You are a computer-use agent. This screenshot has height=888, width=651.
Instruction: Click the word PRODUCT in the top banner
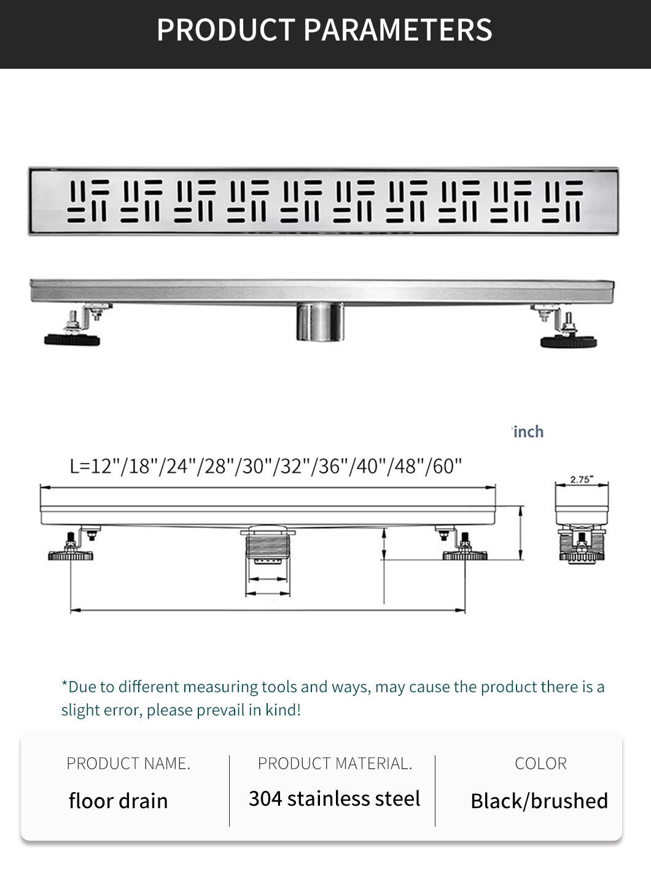pyautogui.click(x=225, y=30)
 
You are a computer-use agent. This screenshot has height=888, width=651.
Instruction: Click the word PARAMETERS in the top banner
pyautogui.click(x=397, y=30)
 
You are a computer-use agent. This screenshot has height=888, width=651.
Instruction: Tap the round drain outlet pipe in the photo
pyautogui.click(x=319, y=322)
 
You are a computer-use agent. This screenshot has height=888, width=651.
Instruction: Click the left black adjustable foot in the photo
pyautogui.click(x=72, y=340)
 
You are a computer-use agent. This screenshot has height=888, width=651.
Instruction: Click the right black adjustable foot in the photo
pyautogui.click(x=569, y=341)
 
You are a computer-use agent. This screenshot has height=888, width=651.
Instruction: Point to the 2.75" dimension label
pyautogui.click(x=582, y=479)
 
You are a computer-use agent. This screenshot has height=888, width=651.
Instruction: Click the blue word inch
pyautogui.click(x=529, y=432)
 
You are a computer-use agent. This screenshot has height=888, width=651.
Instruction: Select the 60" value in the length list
pyautogui.click(x=447, y=466)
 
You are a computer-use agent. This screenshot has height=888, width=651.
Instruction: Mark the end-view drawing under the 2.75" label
pyautogui.click(x=582, y=523)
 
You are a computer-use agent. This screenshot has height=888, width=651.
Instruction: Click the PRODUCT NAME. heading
pyautogui.click(x=128, y=763)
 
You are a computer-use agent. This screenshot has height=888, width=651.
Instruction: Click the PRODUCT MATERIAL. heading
pyautogui.click(x=335, y=763)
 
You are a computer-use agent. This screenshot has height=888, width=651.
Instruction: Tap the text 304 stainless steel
pyautogui.click(x=334, y=798)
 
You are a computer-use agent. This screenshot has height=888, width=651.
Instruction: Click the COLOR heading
pyautogui.click(x=541, y=763)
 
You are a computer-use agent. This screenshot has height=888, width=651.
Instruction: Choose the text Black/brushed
pyautogui.click(x=539, y=801)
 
